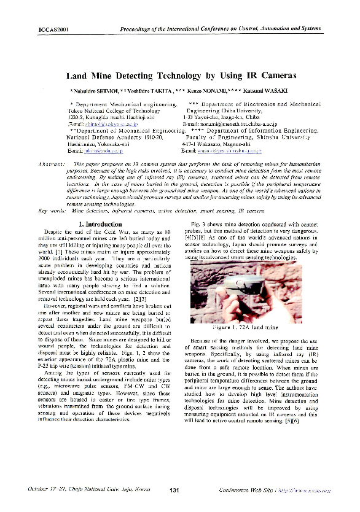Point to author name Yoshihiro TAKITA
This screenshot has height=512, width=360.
pyautogui.click(x=149, y=91)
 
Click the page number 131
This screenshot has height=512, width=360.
pyautogui.click(x=174, y=489)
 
